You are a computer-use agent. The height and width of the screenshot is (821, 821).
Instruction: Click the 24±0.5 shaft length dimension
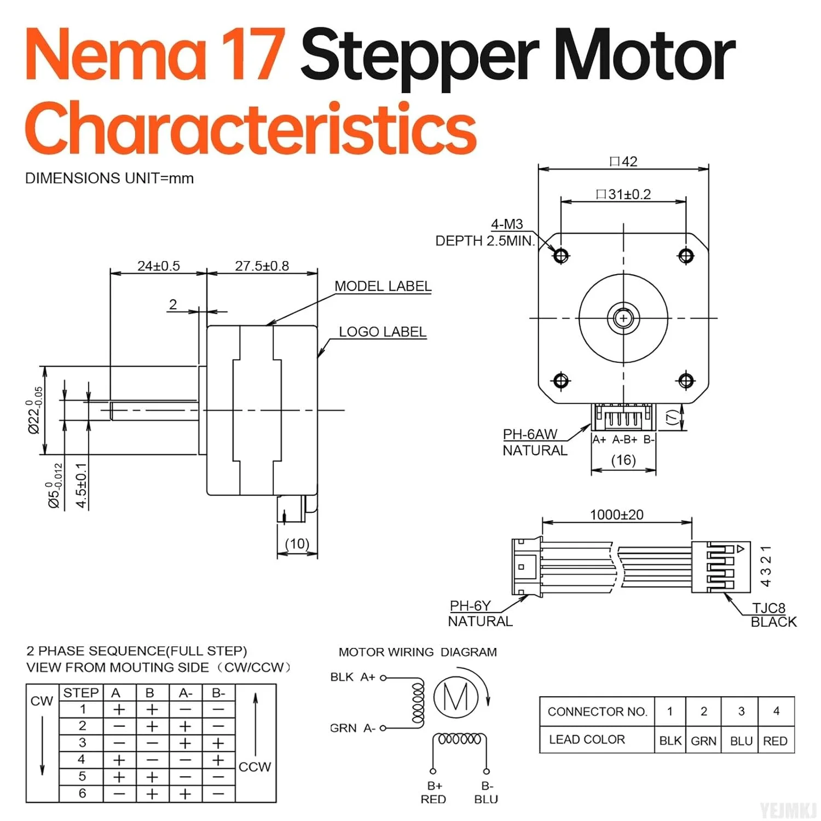coord(158,266)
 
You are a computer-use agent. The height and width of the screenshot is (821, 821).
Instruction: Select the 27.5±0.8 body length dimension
coord(262,266)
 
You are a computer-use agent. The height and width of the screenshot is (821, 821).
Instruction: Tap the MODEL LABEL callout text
coord(383,286)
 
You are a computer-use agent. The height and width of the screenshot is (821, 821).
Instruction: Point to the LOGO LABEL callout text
coord(382,332)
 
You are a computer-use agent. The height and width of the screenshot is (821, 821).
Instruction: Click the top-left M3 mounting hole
coord(561,255)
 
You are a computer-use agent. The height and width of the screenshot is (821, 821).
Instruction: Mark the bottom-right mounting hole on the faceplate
coord(686,380)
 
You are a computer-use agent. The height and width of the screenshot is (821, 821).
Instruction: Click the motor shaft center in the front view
coord(623,317)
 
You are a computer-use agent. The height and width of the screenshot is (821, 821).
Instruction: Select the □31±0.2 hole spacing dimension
coord(623,194)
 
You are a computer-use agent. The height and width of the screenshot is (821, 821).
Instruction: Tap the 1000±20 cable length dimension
coord(616,514)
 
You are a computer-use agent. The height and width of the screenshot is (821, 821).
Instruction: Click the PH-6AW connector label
coord(529,434)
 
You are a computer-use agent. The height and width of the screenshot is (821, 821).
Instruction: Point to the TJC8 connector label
coord(768,608)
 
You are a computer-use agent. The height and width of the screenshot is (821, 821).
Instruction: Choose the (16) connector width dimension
coord(623,460)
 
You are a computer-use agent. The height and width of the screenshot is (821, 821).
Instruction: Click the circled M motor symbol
coord(456,697)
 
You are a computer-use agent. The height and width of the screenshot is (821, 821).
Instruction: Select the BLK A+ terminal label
coord(352,677)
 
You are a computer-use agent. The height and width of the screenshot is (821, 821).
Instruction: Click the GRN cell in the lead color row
coord(703,741)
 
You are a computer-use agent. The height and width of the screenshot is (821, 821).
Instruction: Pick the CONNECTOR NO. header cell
coord(597,712)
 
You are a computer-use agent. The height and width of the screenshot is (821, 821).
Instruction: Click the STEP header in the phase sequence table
coord(81,693)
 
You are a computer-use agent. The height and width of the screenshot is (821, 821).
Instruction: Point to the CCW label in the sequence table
coord(255,767)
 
